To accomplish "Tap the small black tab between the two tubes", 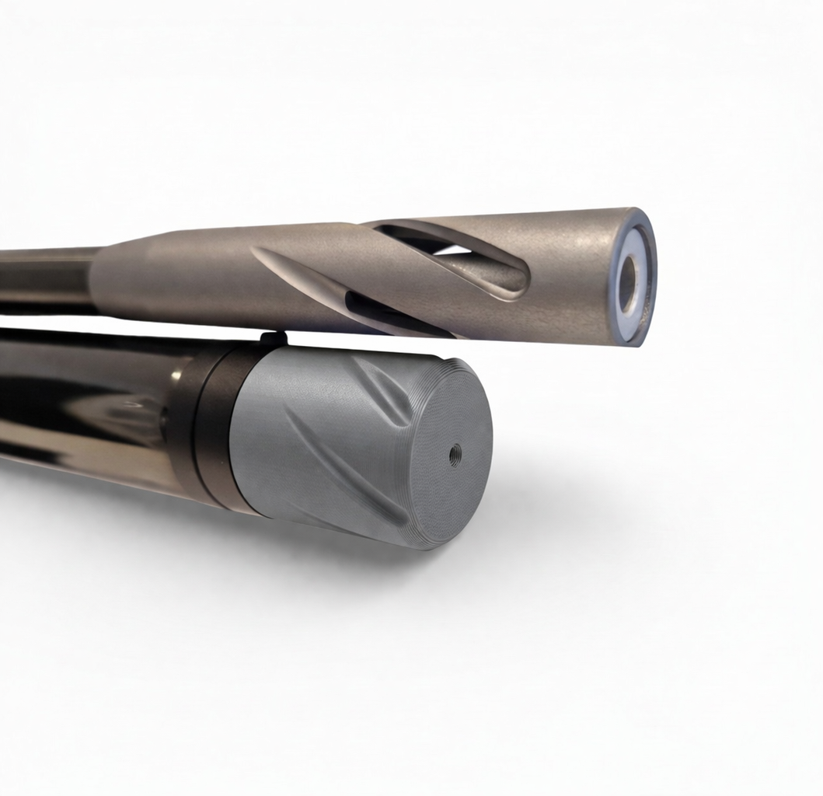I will click(x=273, y=337).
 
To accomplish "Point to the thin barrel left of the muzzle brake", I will click(x=47, y=280).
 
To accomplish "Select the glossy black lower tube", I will click(x=78, y=404).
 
